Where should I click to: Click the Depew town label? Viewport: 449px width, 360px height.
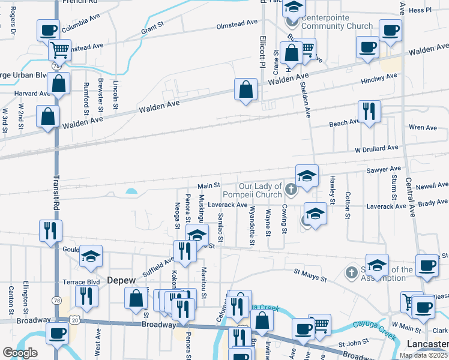(x=122, y=280)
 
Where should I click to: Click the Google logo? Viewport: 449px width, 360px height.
(x=19, y=353)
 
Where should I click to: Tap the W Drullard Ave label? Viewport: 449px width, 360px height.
(x=376, y=148)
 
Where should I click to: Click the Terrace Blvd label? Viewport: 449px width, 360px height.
(x=81, y=281)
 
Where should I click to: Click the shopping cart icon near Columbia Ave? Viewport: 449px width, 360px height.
(x=59, y=49)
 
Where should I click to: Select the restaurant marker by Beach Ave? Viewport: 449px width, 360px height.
(x=368, y=110)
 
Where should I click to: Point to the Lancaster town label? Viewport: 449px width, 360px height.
(x=427, y=343)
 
